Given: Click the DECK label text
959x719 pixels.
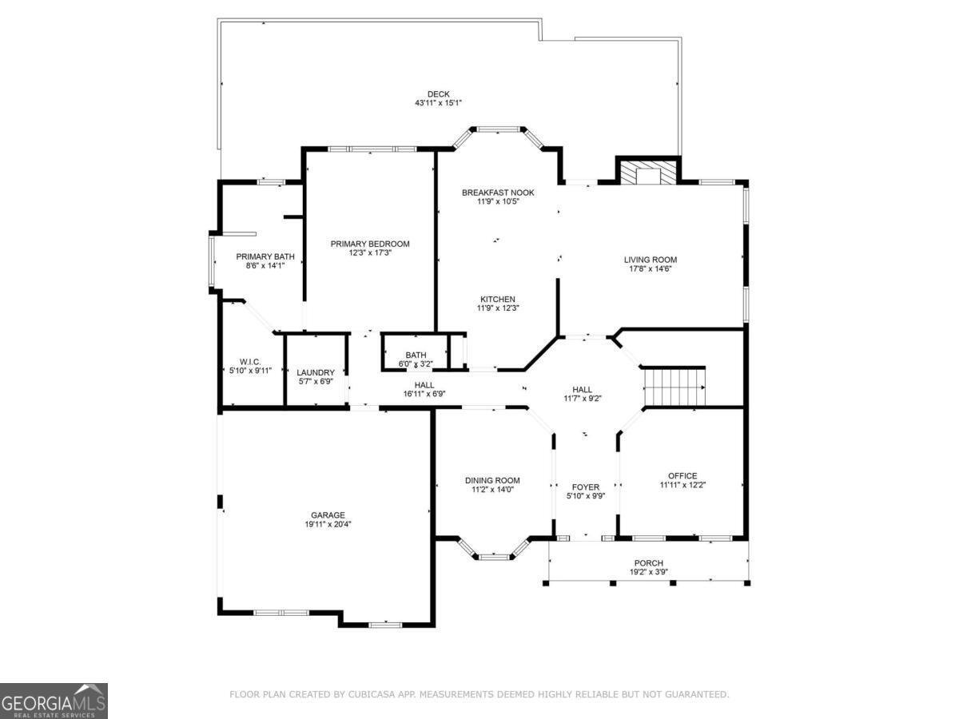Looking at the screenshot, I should (438, 93).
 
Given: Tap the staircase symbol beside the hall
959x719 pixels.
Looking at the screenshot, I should (675, 387).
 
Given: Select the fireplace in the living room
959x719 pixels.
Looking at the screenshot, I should (647, 173).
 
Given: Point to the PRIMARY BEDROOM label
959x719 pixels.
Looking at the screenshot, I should (370, 244).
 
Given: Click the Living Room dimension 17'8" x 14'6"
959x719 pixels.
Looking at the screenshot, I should (650, 269).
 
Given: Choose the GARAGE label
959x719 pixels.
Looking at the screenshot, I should (328, 515).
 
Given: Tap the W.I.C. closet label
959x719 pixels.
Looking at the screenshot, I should (250, 361).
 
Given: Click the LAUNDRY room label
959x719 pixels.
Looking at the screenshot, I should (316, 372).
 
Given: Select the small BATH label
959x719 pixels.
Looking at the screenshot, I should (416, 355).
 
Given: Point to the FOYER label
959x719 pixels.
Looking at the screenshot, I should (585, 487).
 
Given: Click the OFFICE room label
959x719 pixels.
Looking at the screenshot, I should (682, 475).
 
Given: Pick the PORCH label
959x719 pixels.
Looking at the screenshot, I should (648, 563).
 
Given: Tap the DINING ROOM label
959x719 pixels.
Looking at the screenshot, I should (492, 480).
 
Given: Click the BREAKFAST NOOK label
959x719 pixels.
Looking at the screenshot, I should (498, 193).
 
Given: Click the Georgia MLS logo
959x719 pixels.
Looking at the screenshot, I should (54, 701).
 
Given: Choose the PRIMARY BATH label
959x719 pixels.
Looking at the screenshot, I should (265, 256).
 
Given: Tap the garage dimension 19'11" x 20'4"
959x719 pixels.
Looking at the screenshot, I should (328, 525).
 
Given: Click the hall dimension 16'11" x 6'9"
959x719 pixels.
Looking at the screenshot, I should (424, 394).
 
